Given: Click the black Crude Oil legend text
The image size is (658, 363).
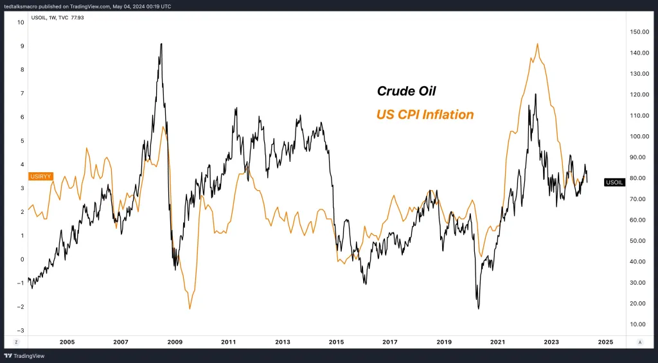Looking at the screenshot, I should [405, 91].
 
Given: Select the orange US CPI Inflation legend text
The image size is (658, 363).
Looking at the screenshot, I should [425, 115].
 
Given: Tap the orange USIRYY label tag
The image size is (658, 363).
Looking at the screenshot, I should [40, 176].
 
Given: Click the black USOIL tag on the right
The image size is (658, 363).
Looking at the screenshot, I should [614, 182].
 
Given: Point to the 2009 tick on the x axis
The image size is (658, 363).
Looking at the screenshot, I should [176, 342].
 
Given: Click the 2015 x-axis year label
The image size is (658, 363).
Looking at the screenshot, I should [337, 342].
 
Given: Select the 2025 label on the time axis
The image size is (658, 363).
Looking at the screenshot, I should [604, 342].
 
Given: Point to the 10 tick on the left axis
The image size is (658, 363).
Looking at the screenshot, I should [21, 22].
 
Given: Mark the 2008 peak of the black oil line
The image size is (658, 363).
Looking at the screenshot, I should [161, 44].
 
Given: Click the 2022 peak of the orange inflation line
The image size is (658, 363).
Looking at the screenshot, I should [537, 44].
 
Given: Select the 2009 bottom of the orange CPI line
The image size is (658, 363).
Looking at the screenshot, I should [190, 309].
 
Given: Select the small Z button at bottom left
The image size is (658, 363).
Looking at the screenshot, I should [15, 342].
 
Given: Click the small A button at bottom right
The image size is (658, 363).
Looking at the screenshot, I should [639, 342].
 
